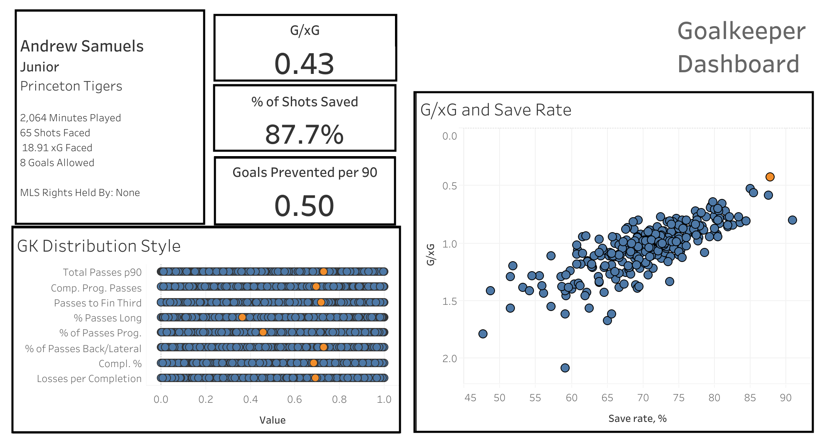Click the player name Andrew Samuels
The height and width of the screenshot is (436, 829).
coord(82,46)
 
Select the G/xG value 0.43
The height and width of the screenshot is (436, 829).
coord(304,64)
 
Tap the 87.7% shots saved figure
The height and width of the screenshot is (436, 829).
coord(304,135)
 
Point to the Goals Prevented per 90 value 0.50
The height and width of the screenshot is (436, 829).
coord(304,206)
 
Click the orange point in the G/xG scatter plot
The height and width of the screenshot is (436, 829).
coord(770,177)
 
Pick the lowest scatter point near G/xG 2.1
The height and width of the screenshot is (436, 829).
coord(565,368)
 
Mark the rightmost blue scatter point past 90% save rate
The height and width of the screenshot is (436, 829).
coord(792,220)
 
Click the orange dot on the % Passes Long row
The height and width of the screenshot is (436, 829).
coord(242,317)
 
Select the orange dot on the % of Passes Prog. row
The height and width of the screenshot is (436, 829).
coord(263,332)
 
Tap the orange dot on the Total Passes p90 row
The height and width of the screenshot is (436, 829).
coord(323,272)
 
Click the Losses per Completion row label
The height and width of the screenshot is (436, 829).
coord(89,379)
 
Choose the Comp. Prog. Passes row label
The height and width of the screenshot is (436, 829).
coord(96,288)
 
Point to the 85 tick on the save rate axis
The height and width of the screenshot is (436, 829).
coord(750,398)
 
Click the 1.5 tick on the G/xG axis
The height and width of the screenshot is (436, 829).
coord(449,301)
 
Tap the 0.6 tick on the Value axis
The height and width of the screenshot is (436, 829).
coord(295,399)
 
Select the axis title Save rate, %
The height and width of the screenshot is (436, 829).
coord(637,419)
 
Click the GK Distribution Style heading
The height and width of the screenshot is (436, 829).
coord(99,246)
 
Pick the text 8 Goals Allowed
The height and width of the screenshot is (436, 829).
coord(57,163)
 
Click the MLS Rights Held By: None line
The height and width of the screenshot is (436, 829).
coord(80,193)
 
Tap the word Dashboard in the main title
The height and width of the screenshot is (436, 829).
coord(738,64)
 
